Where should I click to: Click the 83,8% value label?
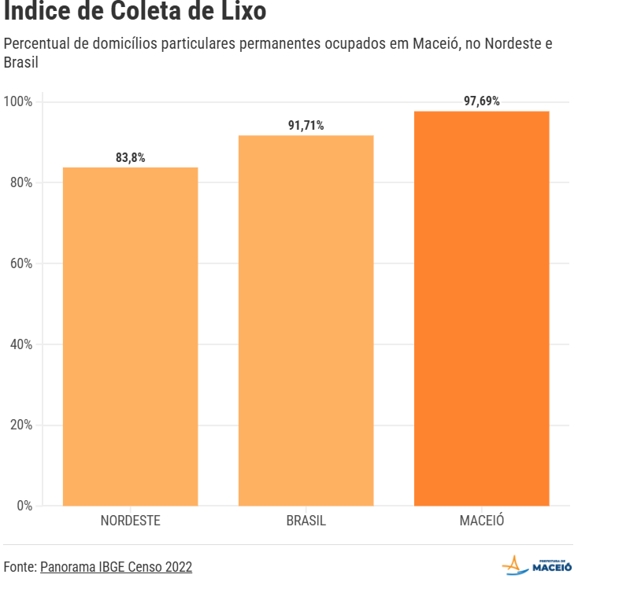point(130,157)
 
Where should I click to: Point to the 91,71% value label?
point(306,125)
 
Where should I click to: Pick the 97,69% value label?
point(481,101)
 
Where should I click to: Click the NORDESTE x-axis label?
point(130,521)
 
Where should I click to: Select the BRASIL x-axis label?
point(306,521)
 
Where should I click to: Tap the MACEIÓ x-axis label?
point(481,521)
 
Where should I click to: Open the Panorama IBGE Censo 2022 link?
point(116,567)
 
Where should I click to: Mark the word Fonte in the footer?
point(19,567)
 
